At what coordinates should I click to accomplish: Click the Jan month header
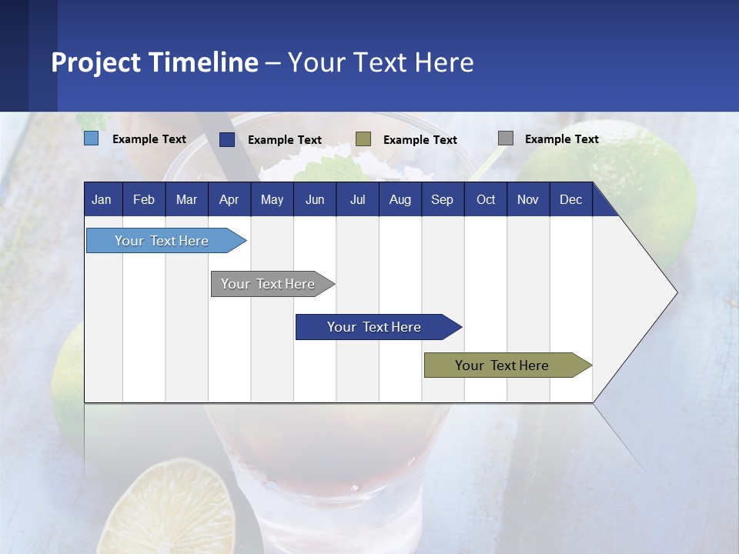(102, 199)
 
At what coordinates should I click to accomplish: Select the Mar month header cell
(186, 199)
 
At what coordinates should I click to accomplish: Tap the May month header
(272, 199)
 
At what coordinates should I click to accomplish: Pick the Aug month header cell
(400, 199)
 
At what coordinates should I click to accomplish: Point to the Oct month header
(485, 199)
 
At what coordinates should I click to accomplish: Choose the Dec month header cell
(570, 199)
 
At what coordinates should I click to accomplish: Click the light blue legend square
(92, 138)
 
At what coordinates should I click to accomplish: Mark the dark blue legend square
(227, 139)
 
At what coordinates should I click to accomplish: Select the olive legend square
(363, 139)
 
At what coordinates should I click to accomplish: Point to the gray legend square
(506, 138)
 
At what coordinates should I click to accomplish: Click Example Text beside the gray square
(561, 138)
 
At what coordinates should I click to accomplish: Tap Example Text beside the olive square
(420, 139)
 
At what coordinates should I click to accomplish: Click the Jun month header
(315, 199)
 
